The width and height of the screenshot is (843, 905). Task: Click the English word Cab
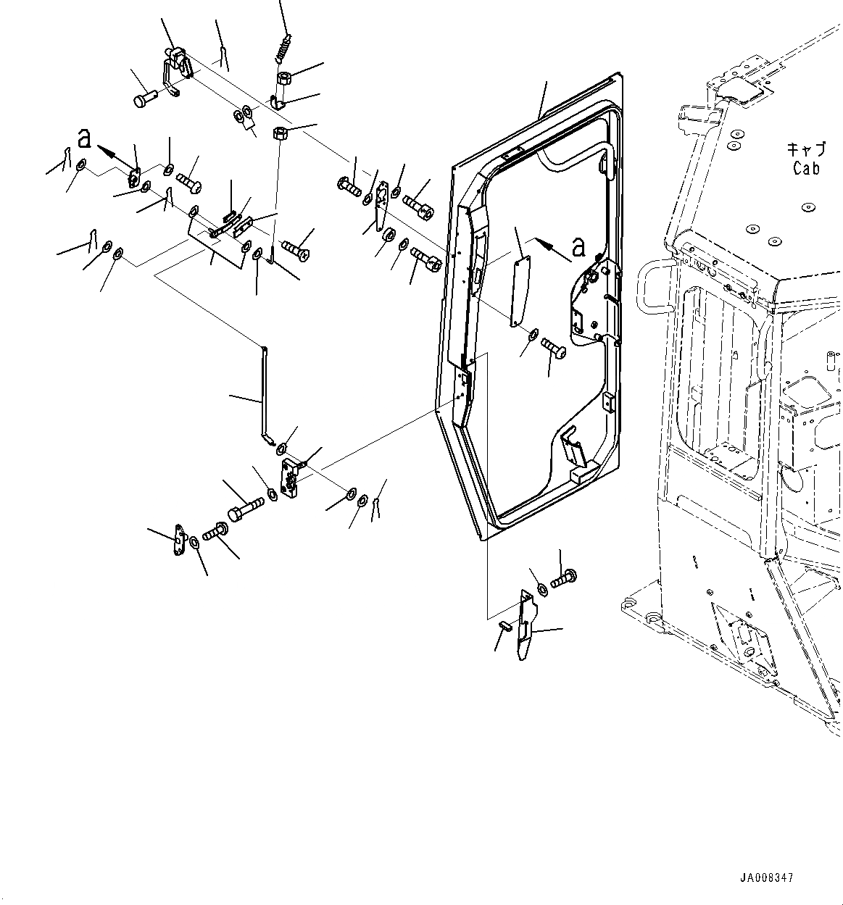tap(806, 168)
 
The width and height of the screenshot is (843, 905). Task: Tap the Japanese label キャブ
tap(806, 150)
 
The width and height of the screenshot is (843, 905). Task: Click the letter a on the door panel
tap(578, 247)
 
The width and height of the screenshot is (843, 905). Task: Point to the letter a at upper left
tap(86, 138)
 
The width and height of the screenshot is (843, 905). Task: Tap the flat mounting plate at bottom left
tap(178, 542)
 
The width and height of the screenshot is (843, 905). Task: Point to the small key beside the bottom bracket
tap(506, 625)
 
